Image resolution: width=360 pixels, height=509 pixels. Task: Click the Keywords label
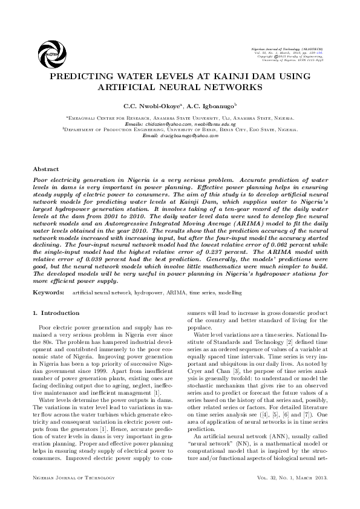pyautogui.click(x=48, y=293)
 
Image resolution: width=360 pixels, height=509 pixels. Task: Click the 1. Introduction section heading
pyautogui.click(x=55, y=313)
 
